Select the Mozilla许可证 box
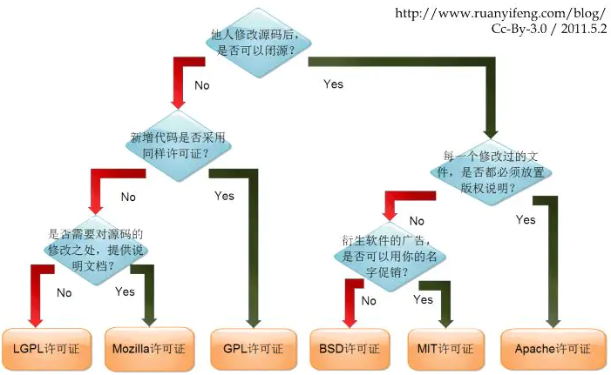148,348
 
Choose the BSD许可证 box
349,348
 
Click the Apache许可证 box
553,348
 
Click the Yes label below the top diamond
333,84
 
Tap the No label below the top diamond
202,85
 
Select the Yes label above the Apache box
525,220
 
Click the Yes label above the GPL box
224,196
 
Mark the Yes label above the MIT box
423,299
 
